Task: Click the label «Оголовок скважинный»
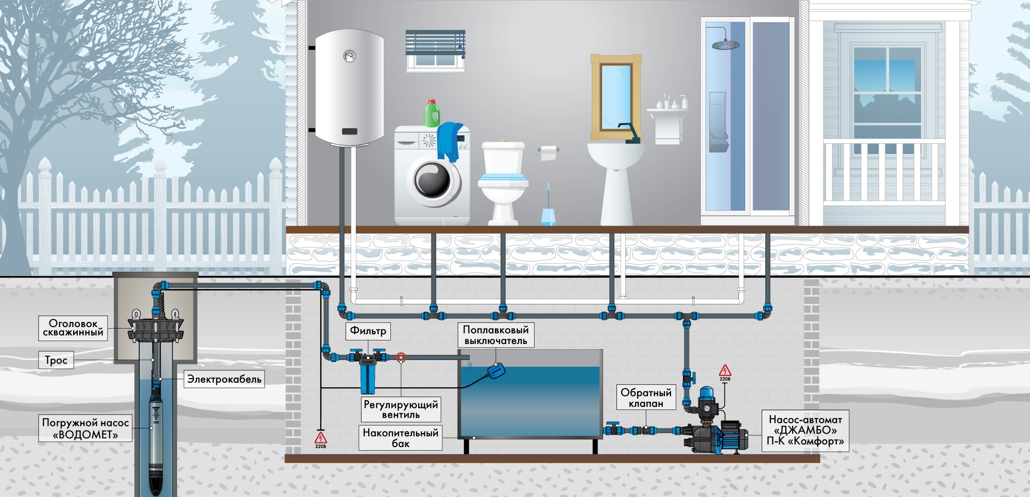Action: [x=73, y=328]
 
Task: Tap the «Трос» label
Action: [x=56, y=360]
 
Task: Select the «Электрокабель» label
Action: [x=224, y=380]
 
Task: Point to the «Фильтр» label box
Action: [x=368, y=331]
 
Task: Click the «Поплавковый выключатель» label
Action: [x=496, y=335]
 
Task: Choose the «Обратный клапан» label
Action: [x=646, y=398]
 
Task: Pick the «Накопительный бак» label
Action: [x=401, y=438]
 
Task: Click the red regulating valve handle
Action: [x=401, y=357]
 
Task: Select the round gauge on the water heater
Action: [x=350, y=56]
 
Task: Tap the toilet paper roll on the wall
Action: [x=549, y=152]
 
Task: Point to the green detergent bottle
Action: [x=432, y=113]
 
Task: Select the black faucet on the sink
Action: [x=629, y=133]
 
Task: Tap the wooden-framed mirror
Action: [x=616, y=97]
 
